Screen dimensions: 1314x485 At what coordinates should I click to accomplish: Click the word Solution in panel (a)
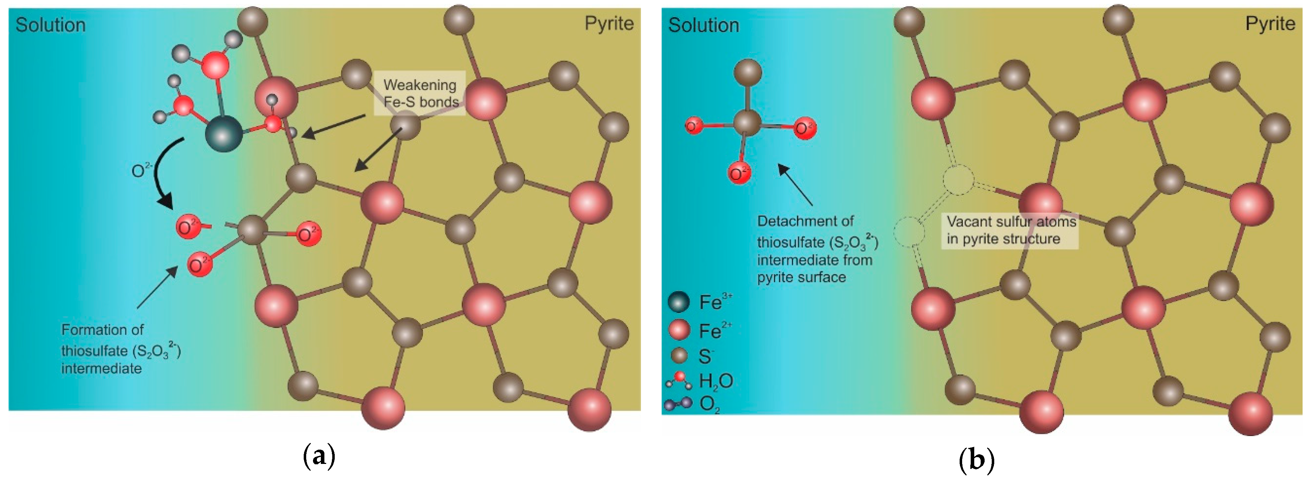coord(51,25)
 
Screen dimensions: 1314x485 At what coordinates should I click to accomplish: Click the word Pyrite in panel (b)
coord(1270,24)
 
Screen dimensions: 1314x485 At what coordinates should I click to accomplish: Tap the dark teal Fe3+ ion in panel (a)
coord(223,133)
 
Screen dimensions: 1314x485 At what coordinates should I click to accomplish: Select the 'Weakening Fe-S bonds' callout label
coord(420,93)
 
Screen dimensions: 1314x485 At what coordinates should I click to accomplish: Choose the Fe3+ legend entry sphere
coord(678,302)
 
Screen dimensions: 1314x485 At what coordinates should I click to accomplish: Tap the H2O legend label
coord(716,381)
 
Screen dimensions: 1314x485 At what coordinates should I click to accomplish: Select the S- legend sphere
coord(678,355)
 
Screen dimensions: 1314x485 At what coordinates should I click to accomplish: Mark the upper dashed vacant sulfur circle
coord(958,180)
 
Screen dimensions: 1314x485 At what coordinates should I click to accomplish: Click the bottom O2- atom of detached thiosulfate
coord(739,173)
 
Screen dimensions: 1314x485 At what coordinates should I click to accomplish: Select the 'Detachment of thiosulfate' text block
coord(816,250)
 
